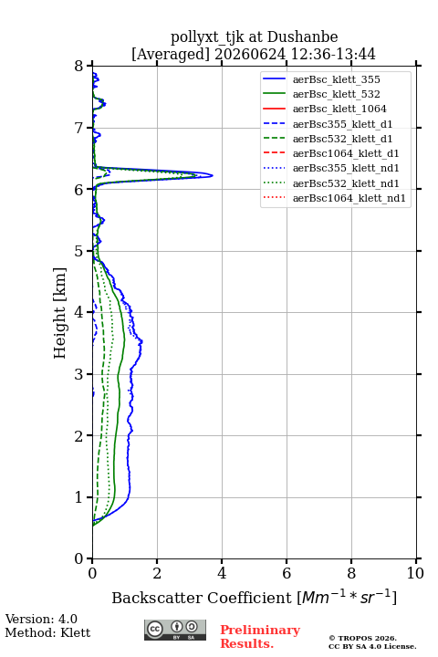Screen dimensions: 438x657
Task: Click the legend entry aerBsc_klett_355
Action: tap(321, 79)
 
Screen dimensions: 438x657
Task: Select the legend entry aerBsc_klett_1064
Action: tap(324, 109)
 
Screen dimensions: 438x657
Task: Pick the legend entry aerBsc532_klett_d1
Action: tap(327, 139)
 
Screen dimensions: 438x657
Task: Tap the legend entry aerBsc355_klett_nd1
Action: tap(330, 169)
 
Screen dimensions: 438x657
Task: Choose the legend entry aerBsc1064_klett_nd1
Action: tap(334, 198)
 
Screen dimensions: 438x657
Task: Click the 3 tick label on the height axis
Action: tap(78, 374)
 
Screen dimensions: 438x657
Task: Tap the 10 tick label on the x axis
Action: tap(415, 573)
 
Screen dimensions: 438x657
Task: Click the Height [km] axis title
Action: tap(59, 313)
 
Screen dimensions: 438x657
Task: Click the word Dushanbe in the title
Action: tap(302, 37)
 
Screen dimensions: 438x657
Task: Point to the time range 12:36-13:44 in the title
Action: tap(332, 55)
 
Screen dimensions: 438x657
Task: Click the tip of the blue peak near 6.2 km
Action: tap(213, 175)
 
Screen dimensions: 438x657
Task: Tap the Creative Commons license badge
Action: tap(175, 630)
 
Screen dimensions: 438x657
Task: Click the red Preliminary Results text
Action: tap(260, 636)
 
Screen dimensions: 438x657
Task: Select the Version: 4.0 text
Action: tap(41, 619)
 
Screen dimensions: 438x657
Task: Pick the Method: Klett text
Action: tap(47, 632)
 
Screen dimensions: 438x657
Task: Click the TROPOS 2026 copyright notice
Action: tap(362, 638)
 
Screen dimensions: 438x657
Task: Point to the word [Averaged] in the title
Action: tap(171, 55)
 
